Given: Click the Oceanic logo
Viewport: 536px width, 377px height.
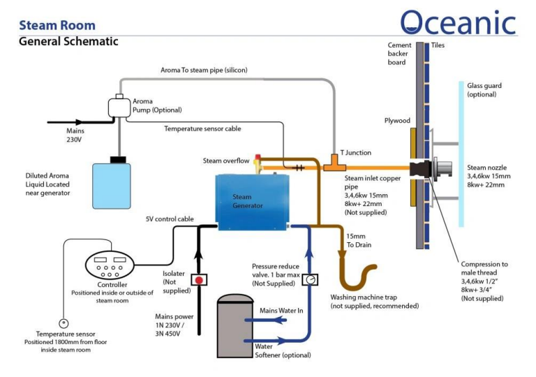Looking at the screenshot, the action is point(458,22).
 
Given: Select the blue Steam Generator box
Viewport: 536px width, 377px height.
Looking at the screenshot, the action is point(252,202).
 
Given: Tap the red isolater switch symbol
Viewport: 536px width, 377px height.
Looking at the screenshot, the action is point(199,280).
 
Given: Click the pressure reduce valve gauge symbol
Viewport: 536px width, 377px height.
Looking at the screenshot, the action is point(310,279).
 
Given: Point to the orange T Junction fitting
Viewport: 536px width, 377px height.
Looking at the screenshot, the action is point(335,163).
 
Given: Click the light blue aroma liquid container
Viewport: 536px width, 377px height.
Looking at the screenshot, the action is point(112,186).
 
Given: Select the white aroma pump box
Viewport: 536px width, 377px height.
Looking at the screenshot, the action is point(119,107).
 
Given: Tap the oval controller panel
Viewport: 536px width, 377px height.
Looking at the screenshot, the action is point(110,265).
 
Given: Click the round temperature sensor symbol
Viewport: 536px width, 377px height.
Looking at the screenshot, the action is point(64,323).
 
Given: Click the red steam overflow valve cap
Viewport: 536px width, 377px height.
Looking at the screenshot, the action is point(258,157).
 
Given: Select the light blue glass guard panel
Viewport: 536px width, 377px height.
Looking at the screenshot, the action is point(461,154).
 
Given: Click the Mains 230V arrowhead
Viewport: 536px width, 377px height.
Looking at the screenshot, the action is point(79,121).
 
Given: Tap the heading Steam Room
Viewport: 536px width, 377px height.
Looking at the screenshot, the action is point(57,25).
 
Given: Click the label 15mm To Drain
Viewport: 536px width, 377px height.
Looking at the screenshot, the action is point(359,240).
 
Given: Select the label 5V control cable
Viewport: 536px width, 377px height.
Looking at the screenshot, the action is point(170,219).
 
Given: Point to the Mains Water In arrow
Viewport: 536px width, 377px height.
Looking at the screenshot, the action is point(266,320).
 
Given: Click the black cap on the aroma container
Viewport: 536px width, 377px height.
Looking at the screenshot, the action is point(118,159).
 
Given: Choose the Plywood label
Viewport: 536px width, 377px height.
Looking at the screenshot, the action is point(397,120).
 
